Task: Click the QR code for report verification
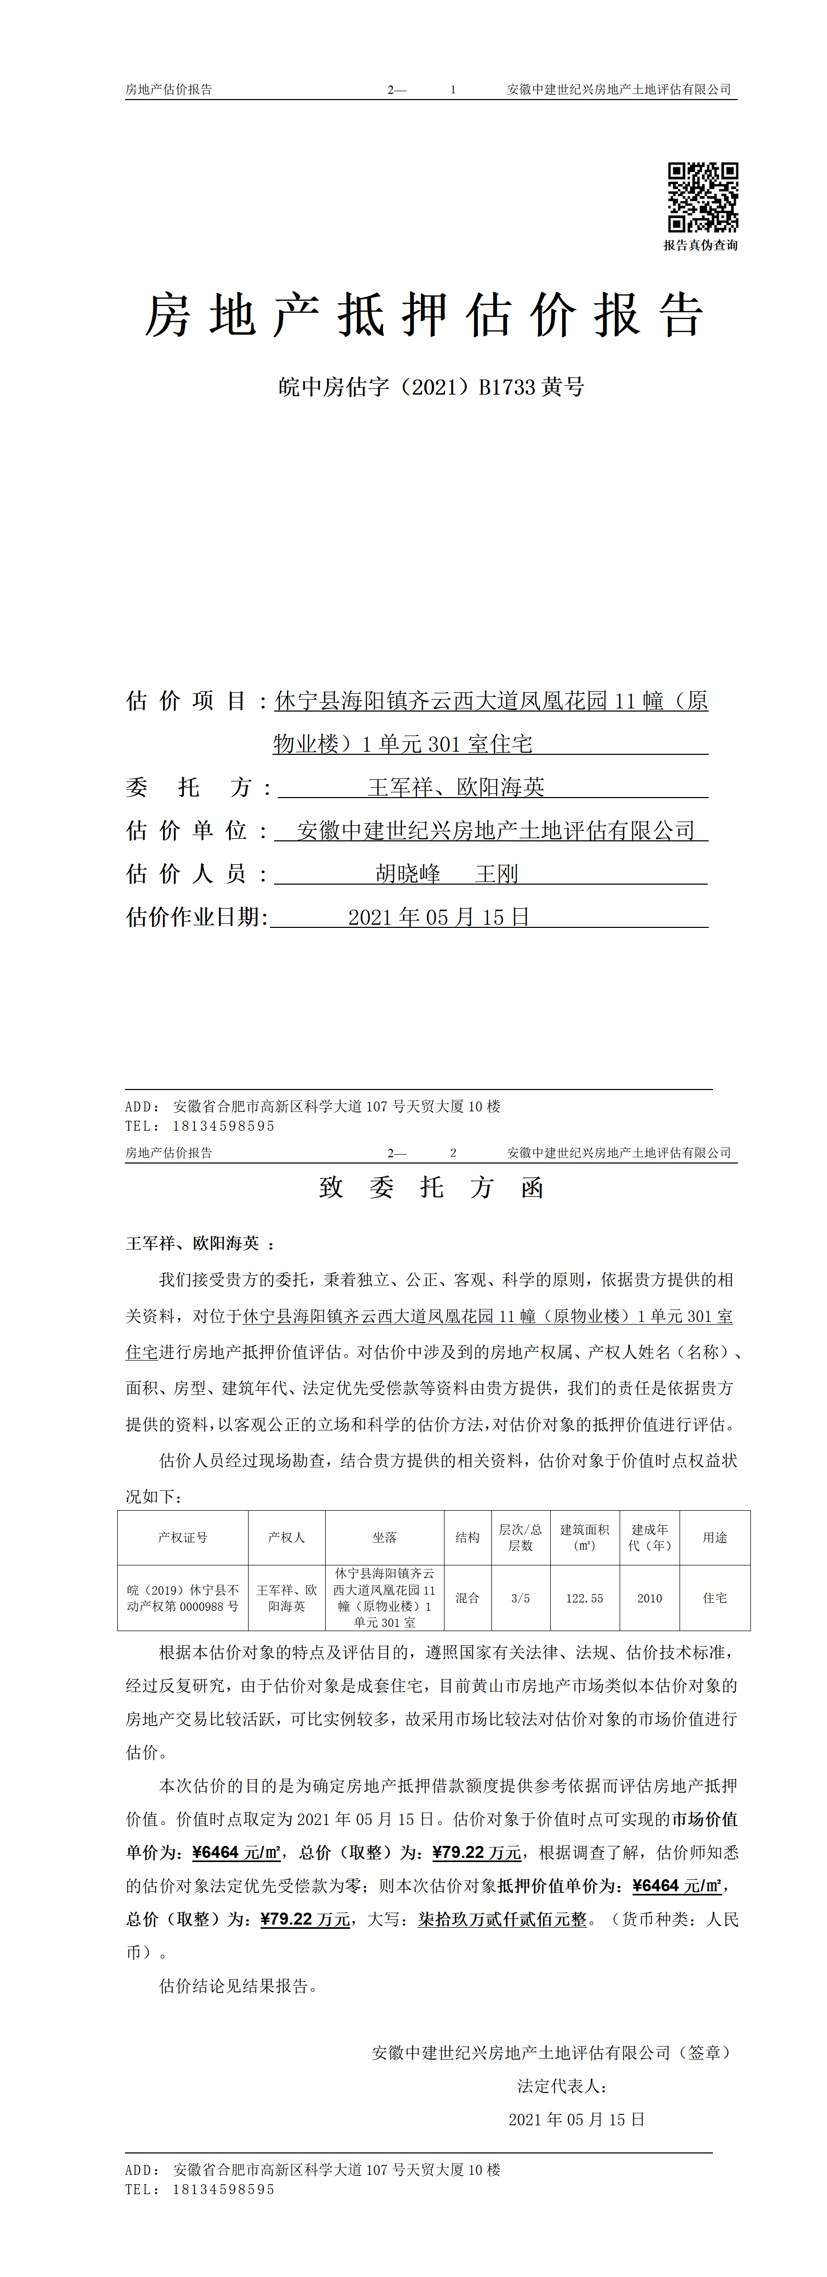pyautogui.click(x=702, y=197)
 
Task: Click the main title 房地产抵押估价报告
pyautogui.click(x=424, y=315)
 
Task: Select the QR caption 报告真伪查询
pyautogui.click(x=701, y=246)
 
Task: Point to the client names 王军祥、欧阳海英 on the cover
pyautogui.click(x=456, y=787)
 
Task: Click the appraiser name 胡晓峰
pyautogui.click(x=408, y=873)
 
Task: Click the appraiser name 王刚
pyautogui.click(x=497, y=873)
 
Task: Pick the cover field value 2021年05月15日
pyautogui.click(x=438, y=916)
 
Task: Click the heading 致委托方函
pyautogui.click(x=431, y=1187)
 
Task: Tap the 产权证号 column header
pyautogui.click(x=183, y=1537)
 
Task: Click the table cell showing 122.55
pyautogui.click(x=584, y=1598)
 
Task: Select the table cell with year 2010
pyautogui.click(x=649, y=1598)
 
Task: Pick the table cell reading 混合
pyautogui.click(x=467, y=1598)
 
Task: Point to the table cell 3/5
pyautogui.click(x=521, y=1598)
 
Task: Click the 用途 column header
pyautogui.click(x=715, y=1537)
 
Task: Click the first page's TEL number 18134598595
pyautogui.click(x=224, y=1126)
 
